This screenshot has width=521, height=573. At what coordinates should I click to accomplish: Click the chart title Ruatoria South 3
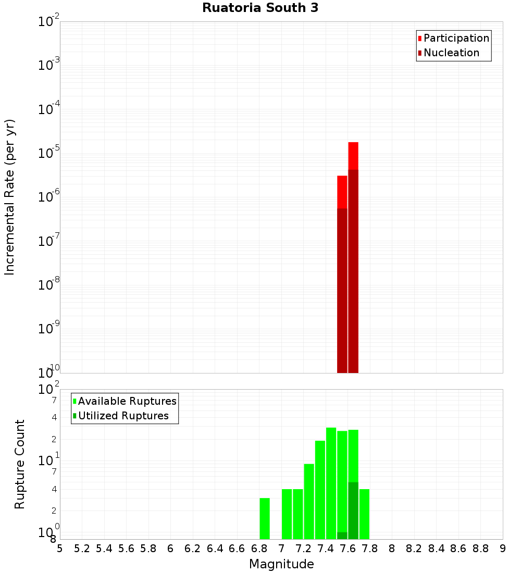click(x=260, y=8)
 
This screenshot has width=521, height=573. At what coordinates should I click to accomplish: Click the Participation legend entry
click(x=456, y=38)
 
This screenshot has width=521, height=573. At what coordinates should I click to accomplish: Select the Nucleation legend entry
click(x=451, y=53)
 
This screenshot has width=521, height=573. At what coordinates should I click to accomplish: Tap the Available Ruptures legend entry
click(x=127, y=401)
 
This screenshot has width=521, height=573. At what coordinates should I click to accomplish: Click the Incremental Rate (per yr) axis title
click(x=10, y=197)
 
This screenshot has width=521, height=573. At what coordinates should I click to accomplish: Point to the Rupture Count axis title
click(x=20, y=464)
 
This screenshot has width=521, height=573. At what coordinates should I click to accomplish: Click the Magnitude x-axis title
click(x=281, y=564)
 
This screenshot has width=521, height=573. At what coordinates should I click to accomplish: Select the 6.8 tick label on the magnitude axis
click(x=259, y=549)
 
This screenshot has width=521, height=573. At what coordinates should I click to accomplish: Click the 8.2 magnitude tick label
click(x=414, y=549)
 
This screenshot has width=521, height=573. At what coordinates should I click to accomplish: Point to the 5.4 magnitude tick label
click(x=104, y=549)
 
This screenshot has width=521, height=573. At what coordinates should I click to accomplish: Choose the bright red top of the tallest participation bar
click(x=353, y=155)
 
